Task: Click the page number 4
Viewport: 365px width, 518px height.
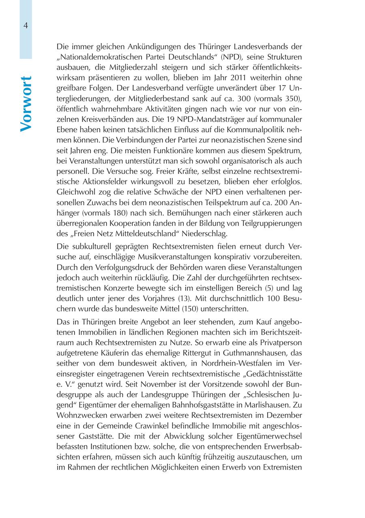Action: [x=26, y=25]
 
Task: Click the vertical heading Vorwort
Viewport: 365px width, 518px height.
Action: [x=26, y=104]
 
